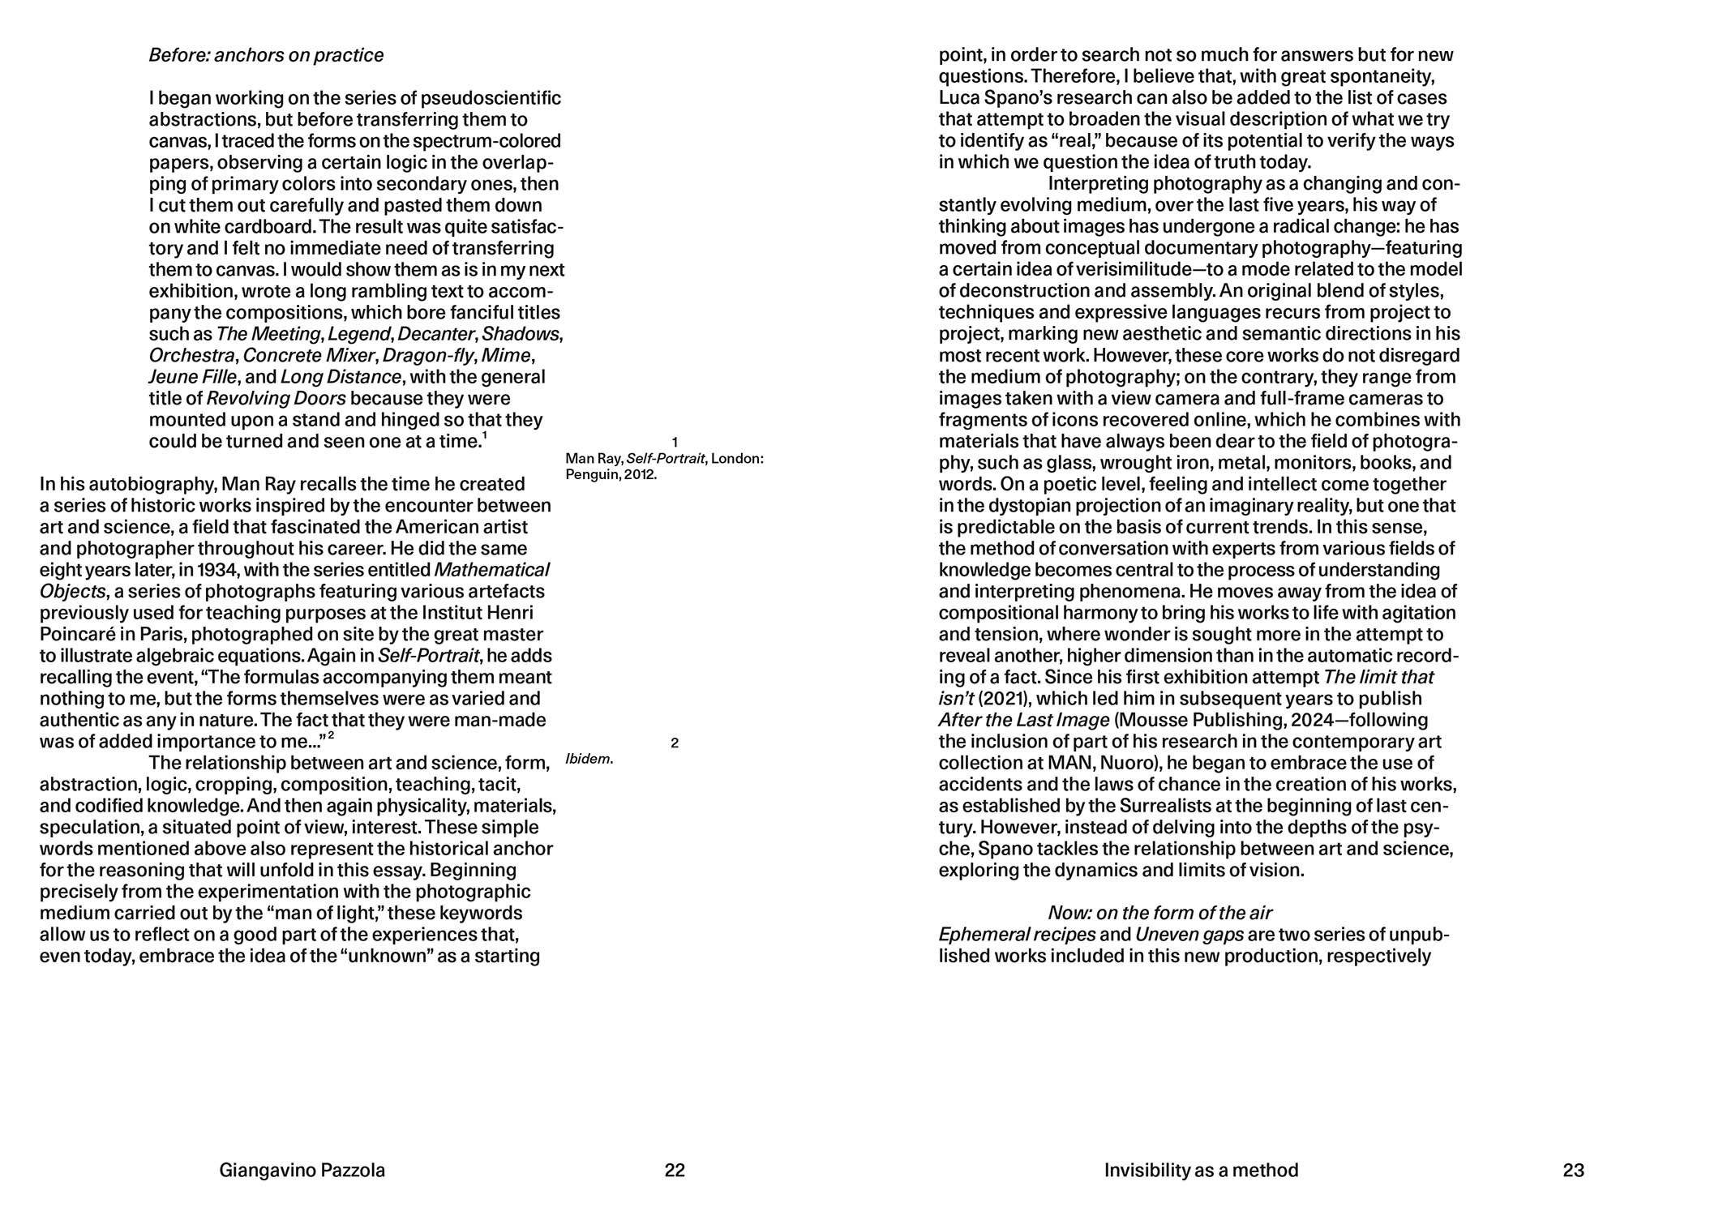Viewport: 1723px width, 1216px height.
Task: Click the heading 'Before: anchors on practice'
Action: (266, 55)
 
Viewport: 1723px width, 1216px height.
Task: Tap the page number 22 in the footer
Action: (675, 1170)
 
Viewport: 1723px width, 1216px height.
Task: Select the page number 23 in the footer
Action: (1573, 1170)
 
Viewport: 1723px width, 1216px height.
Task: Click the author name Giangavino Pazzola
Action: (302, 1170)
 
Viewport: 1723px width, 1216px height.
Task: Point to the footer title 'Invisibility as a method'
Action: (1201, 1170)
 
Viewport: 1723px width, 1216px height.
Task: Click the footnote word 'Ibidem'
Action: (588, 760)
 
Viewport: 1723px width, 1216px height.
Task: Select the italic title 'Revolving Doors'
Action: (276, 399)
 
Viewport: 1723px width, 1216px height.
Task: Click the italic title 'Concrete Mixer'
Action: (308, 356)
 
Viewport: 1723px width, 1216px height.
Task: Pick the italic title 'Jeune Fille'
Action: (193, 377)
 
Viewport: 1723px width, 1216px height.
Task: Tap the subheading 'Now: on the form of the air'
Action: (1159, 913)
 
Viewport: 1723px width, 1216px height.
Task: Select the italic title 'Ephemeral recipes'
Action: (1017, 935)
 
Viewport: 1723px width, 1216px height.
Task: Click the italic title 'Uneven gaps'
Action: (1189, 935)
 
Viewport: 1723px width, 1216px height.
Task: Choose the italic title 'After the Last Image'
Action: (1023, 720)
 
